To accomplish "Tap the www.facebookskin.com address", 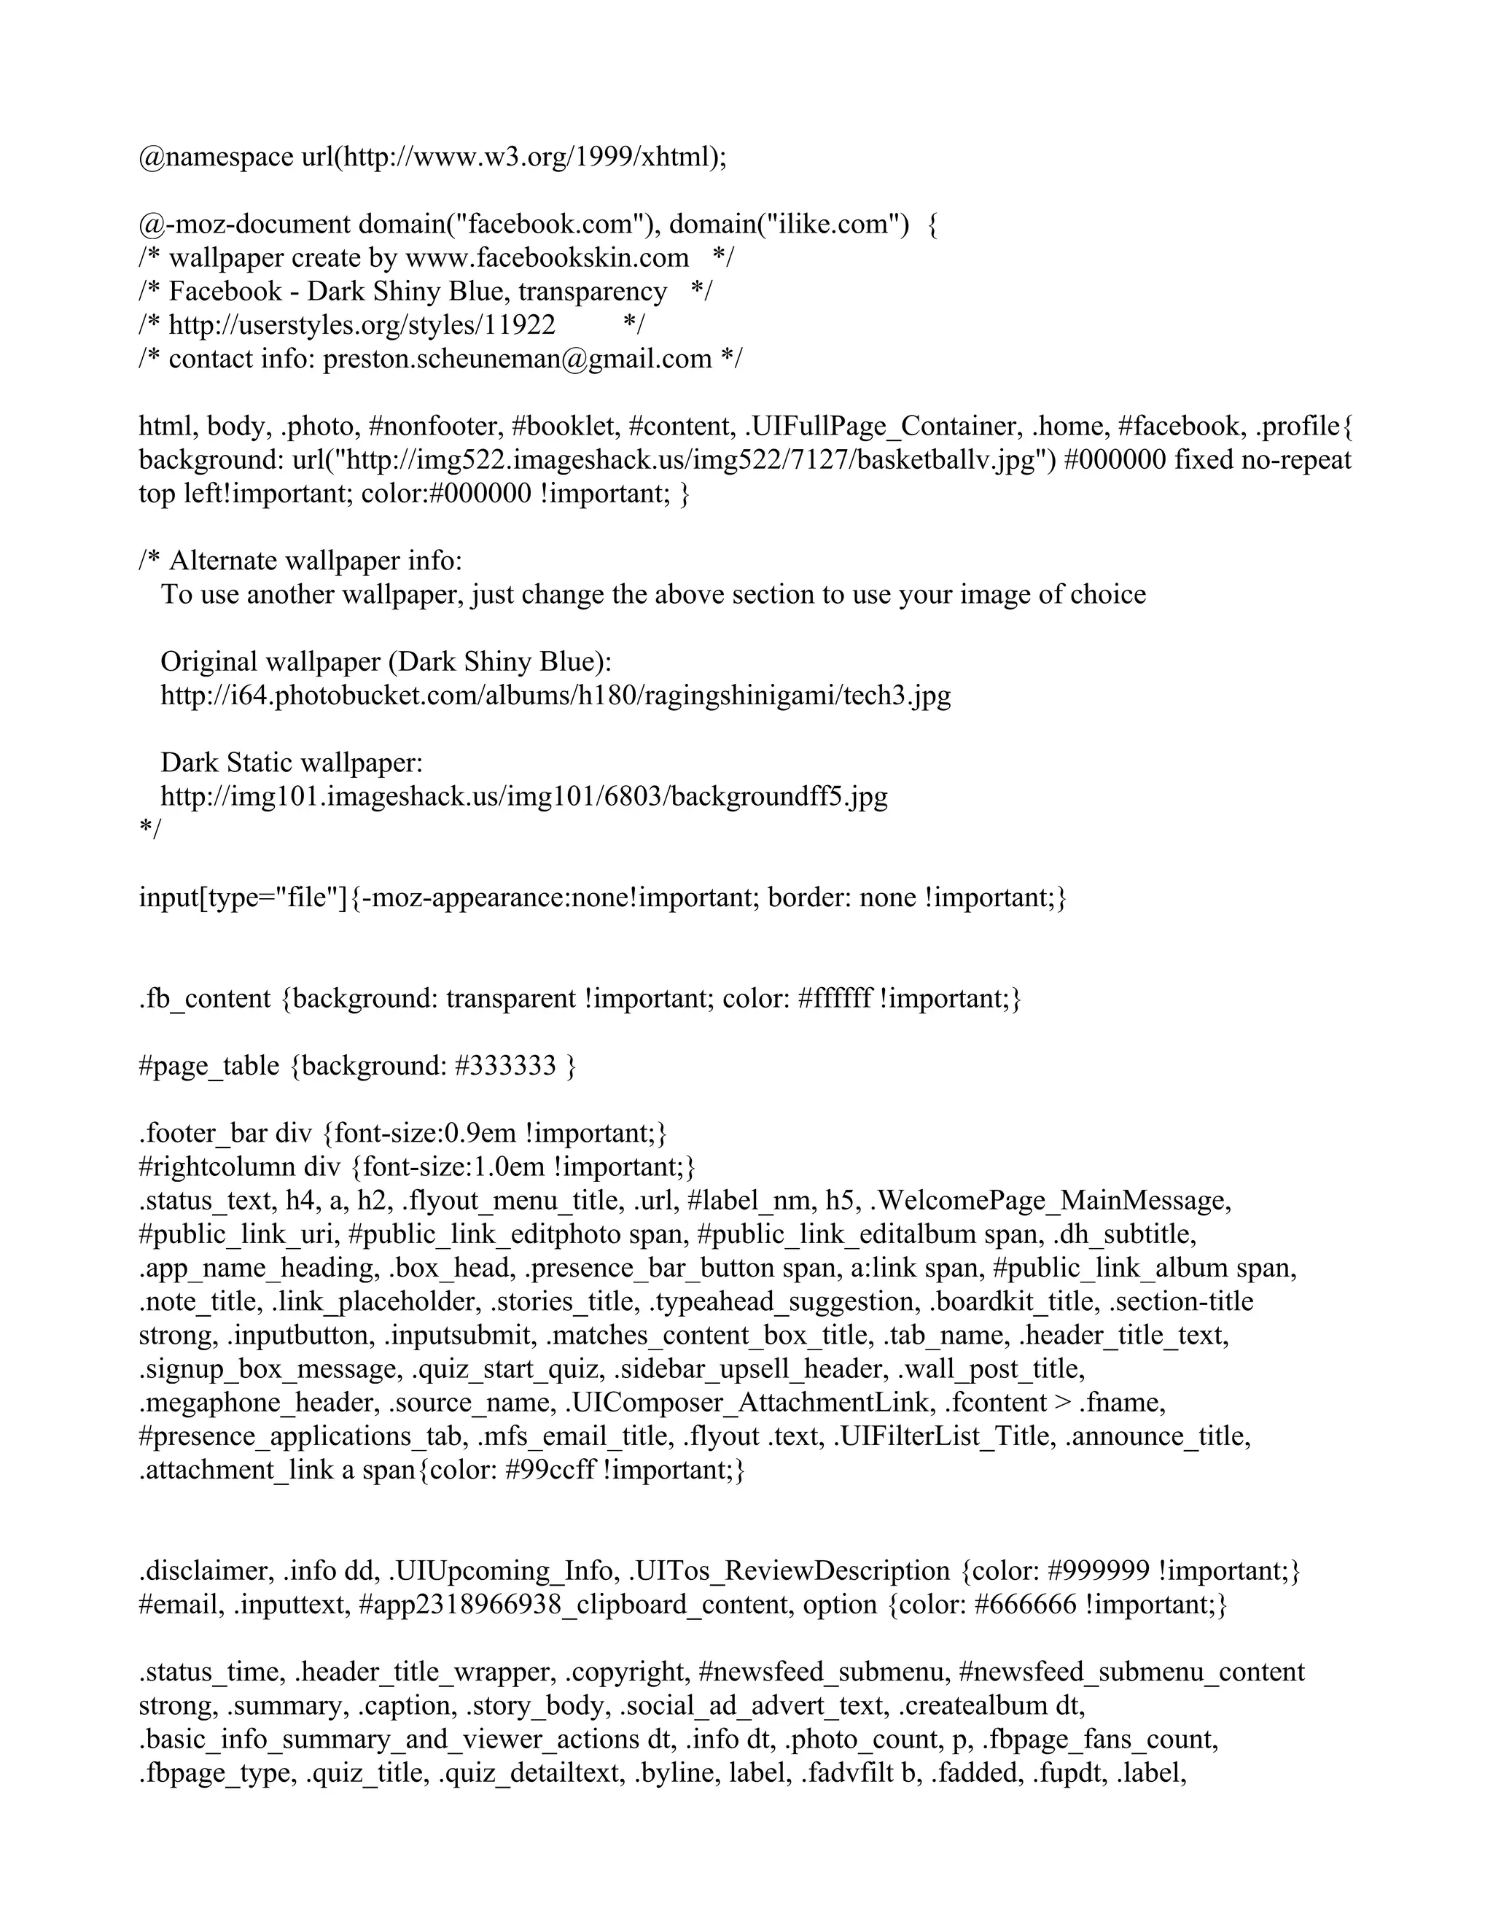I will pyautogui.click(x=547, y=257).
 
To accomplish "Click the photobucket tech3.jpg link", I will pyautogui.click(x=556, y=696).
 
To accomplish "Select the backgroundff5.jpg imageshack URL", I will pyautogui.click(x=523, y=796).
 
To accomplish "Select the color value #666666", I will pyautogui.click(x=1025, y=1605).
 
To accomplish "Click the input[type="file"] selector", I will pyautogui.click(x=244, y=898).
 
